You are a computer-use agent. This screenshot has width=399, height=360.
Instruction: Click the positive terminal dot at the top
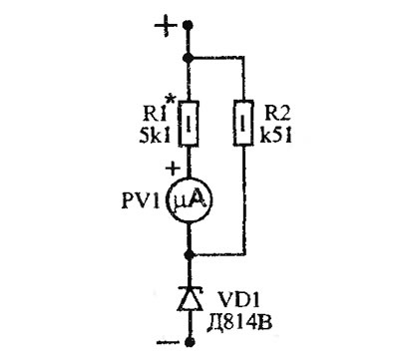189,24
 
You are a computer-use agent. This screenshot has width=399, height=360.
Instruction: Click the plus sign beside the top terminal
166,26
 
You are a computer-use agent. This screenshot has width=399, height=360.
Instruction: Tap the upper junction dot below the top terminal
189,58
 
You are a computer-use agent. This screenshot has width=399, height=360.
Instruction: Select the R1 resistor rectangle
189,123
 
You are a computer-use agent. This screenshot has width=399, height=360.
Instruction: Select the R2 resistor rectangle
243,123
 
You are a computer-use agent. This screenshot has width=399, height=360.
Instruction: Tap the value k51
275,135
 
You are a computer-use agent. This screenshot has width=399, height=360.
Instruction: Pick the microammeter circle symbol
190,200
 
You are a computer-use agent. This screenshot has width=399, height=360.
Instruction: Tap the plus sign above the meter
173,169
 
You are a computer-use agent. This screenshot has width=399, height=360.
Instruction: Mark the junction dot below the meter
189,255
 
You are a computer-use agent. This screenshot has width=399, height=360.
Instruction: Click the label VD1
238,302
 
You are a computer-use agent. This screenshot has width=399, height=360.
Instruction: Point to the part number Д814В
239,323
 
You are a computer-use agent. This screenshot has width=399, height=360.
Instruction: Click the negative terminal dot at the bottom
190,341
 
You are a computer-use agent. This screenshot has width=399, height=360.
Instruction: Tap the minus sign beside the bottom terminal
166,342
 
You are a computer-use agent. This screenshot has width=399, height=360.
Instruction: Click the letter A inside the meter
199,199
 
